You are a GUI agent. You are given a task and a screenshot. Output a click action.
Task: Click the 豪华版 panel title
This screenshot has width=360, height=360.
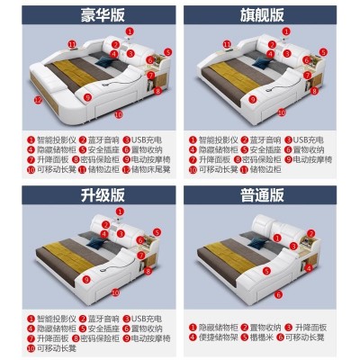90,16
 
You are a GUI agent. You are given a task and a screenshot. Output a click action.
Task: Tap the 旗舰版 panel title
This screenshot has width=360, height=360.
269,16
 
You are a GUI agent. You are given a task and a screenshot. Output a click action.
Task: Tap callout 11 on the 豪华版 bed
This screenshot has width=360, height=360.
71,42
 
